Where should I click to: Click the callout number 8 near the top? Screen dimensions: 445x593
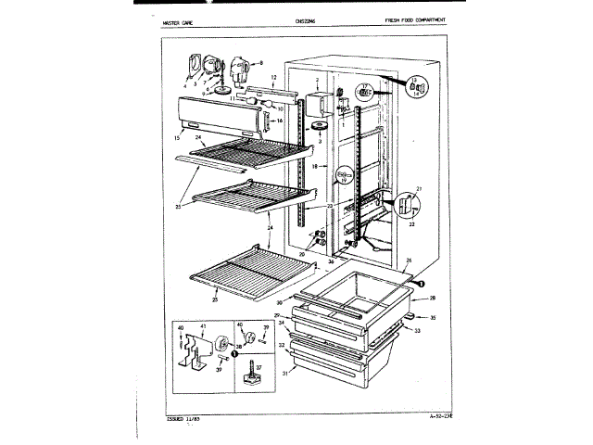(261, 61)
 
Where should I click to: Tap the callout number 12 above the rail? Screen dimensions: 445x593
(274, 76)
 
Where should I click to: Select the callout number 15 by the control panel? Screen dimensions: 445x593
(175, 138)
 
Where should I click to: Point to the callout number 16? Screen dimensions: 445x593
(278, 121)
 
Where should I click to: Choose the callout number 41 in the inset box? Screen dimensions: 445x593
(202, 327)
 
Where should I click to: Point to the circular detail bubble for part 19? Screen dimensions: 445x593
(343, 175)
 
